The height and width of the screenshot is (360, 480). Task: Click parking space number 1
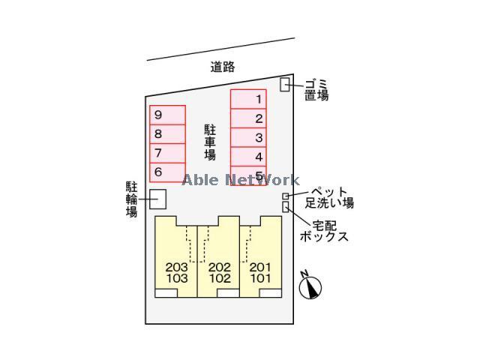tap(248, 99)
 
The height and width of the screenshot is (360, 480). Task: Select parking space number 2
tap(248, 118)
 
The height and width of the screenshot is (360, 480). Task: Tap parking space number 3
tap(248, 137)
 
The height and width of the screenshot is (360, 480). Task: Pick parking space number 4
tap(248, 157)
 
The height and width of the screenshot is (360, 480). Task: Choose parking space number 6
tap(167, 172)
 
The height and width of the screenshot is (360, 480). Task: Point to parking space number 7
tap(167, 153)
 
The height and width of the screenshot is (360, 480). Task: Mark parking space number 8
tap(167, 134)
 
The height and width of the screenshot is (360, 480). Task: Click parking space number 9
tap(167, 115)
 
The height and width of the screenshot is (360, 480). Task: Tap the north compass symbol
tap(310, 286)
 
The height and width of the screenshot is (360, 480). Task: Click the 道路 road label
tap(223, 67)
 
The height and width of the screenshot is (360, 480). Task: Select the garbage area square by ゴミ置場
tap(285, 85)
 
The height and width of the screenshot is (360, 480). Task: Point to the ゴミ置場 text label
tap(316, 89)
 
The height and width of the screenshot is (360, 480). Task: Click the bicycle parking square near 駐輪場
tap(157, 199)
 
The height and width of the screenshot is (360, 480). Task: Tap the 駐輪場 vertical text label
tap(132, 199)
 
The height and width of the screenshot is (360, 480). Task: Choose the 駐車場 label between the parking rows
tap(210, 142)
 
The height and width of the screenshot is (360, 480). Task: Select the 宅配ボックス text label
tap(324, 230)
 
